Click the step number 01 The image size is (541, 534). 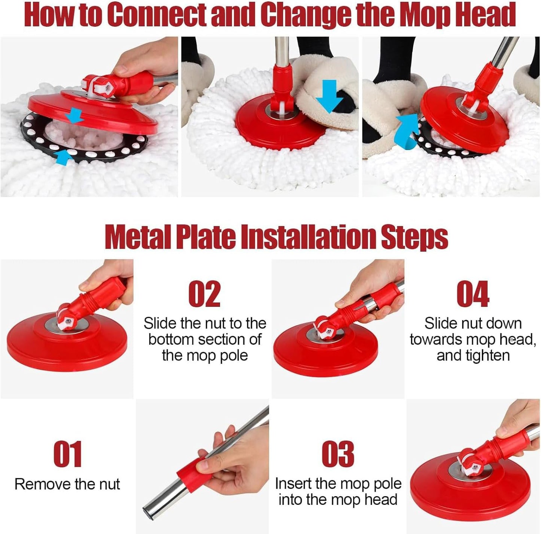coord(67,454)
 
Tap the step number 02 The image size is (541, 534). coord(204,294)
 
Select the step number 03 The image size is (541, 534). coord(338,454)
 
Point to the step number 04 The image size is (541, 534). coord(473,294)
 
